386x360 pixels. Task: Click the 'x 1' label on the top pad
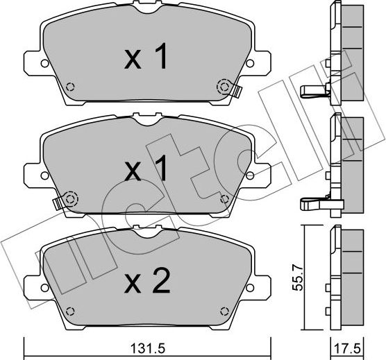[x=146, y=58]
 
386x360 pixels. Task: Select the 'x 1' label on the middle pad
[x=146, y=169]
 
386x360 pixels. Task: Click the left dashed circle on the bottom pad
[x=69, y=309]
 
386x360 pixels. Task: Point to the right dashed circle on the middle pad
[x=224, y=198]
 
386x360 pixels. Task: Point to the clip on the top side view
[x=312, y=89]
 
